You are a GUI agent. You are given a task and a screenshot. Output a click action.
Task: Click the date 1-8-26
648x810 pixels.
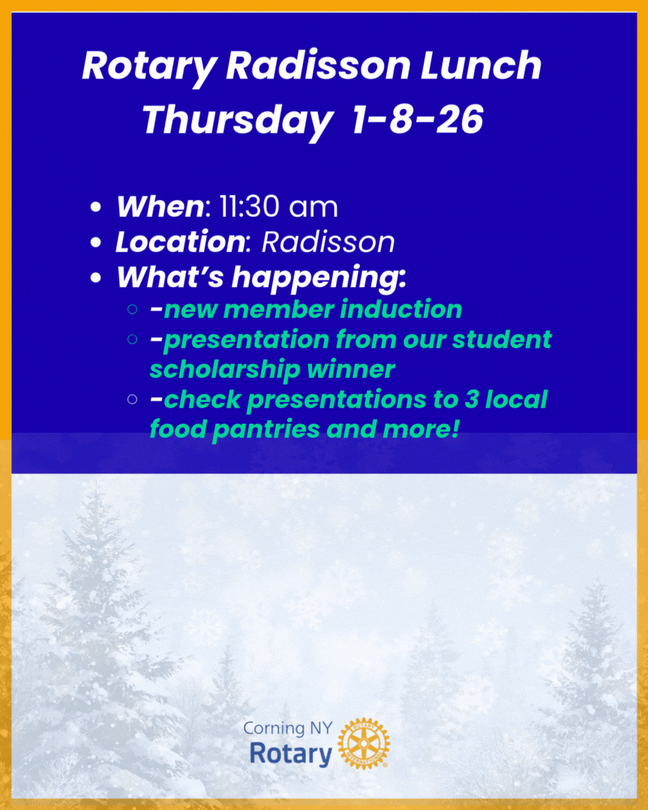pyautogui.click(x=417, y=120)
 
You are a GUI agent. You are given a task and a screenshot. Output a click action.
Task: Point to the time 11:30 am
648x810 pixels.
pyautogui.click(x=278, y=207)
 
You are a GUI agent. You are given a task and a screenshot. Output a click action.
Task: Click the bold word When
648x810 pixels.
pyautogui.click(x=159, y=207)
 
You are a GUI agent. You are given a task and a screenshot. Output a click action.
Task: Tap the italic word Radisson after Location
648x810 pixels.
pyautogui.click(x=328, y=242)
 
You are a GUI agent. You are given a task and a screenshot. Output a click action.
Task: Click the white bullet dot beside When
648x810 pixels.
pyautogui.click(x=95, y=208)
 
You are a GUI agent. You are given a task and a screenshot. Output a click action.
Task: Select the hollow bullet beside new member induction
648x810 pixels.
pyautogui.click(x=133, y=309)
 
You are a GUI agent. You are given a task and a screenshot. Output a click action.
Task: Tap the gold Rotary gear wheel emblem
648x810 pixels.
pyautogui.click(x=364, y=743)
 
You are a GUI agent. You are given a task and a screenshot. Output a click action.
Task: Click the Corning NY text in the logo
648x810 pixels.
pyautogui.click(x=285, y=728)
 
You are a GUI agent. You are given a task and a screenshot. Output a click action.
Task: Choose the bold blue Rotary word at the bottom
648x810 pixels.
pyautogui.click(x=289, y=754)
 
